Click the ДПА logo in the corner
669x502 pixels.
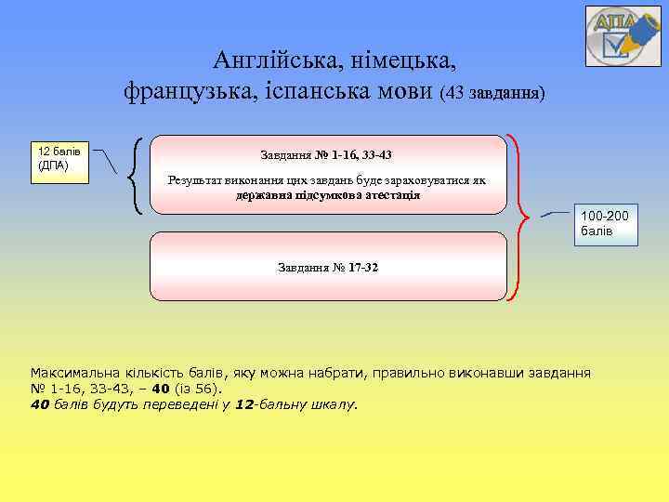click(623, 35)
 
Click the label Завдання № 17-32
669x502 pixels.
click(327, 268)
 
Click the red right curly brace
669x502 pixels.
click(519, 218)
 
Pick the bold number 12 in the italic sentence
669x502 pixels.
click(243, 404)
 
